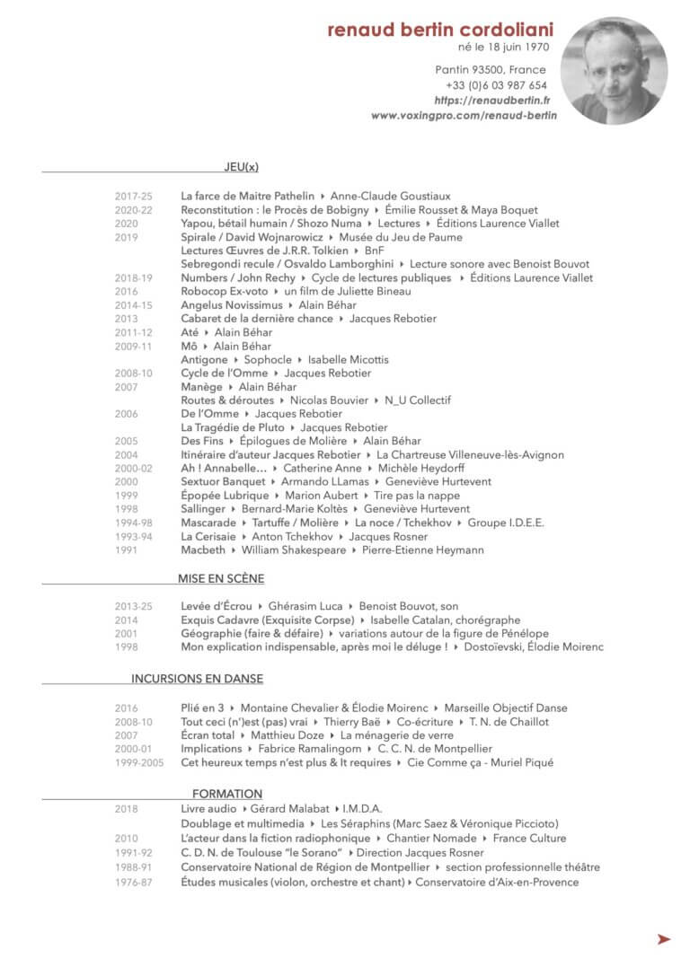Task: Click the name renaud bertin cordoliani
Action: (x=440, y=31)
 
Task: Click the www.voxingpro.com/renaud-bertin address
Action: (x=464, y=116)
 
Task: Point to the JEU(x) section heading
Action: (x=241, y=166)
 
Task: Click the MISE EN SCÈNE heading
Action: (x=221, y=579)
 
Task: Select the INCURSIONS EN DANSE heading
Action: (x=197, y=679)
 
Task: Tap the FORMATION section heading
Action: (x=227, y=794)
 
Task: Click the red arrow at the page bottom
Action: (x=664, y=939)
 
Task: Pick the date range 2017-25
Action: (x=134, y=196)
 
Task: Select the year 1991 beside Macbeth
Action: (x=127, y=550)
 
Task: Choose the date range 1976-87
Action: (x=134, y=883)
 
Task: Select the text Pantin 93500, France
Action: (x=491, y=70)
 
